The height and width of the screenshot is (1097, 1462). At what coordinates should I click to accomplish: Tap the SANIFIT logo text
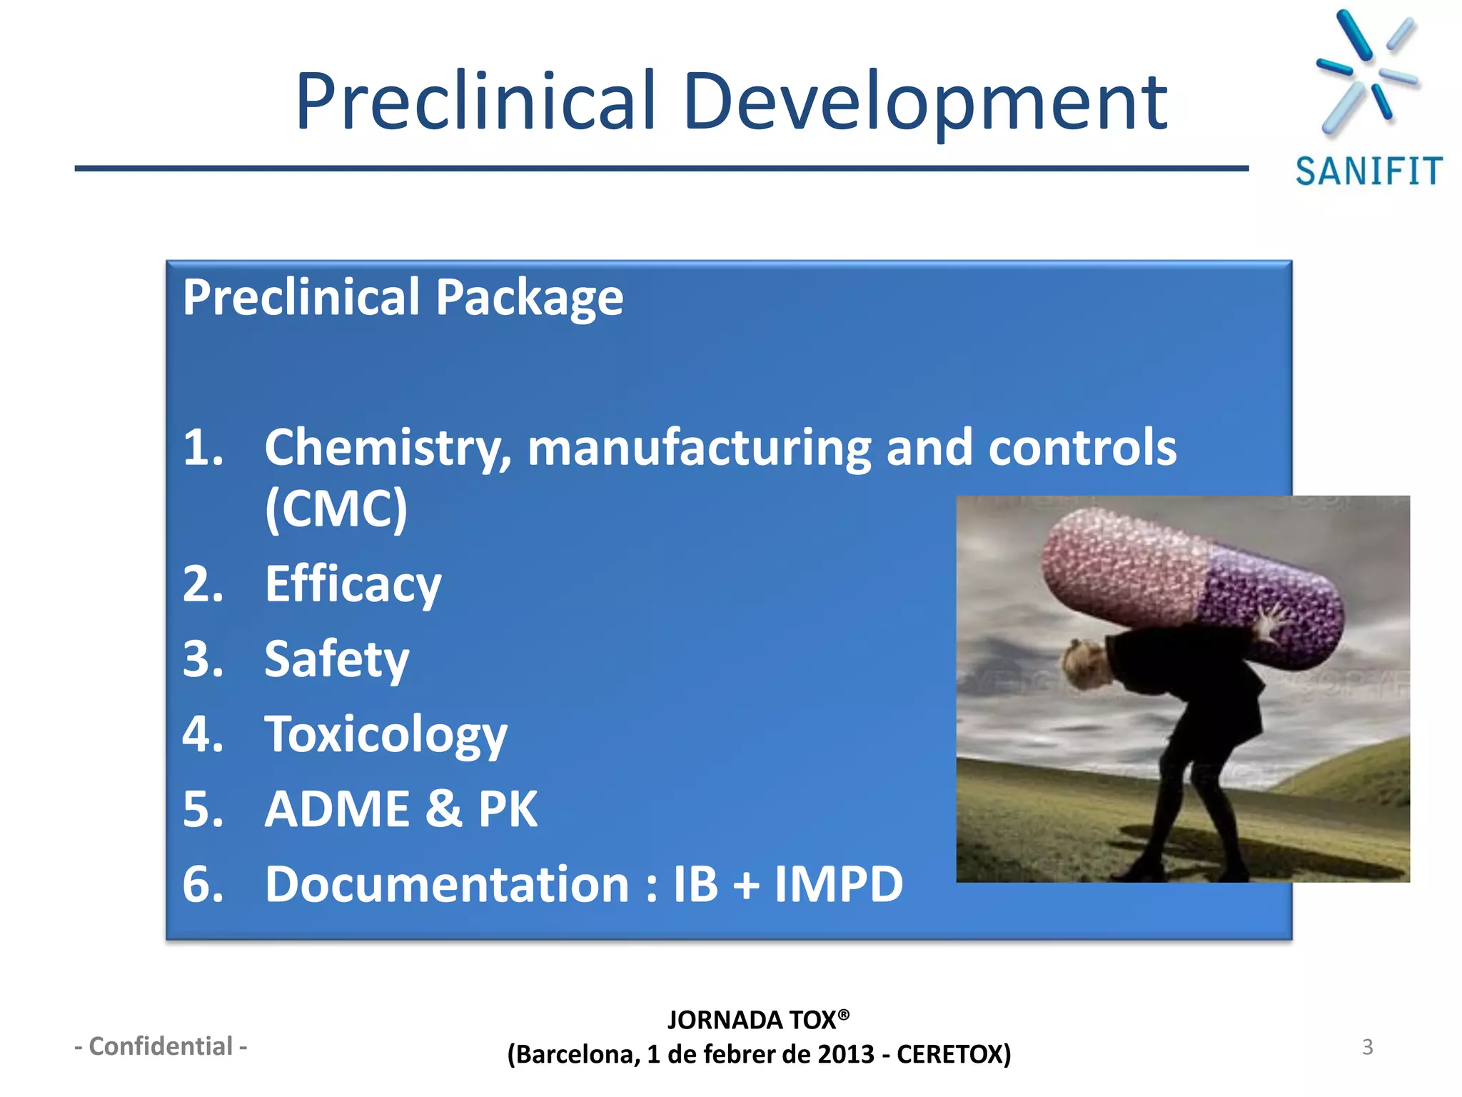tap(1368, 172)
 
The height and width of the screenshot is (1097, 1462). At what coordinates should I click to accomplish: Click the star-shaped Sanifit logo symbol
tap(1366, 71)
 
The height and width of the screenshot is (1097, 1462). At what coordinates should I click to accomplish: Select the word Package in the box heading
tap(529, 298)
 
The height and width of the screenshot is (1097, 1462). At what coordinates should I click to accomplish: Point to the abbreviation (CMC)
tap(336, 509)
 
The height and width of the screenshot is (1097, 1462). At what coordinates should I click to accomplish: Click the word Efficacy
tap(353, 585)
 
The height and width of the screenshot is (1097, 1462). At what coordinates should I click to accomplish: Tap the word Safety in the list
tap(336, 660)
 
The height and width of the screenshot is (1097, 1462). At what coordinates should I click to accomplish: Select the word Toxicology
tap(385, 735)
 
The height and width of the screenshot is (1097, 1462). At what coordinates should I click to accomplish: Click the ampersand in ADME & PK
tap(444, 809)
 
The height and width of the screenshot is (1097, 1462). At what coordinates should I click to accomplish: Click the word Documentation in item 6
tap(447, 884)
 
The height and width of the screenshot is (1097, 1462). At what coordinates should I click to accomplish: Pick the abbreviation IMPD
tap(839, 884)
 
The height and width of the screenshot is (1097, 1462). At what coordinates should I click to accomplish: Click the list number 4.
tap(202, 735)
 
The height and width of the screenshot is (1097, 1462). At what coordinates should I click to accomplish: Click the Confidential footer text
tap(161, 1046)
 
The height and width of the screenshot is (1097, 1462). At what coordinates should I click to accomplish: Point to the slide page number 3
tap(1367, 1047)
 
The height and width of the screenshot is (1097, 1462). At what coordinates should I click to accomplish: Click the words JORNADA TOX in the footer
tap(751, 1020)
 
